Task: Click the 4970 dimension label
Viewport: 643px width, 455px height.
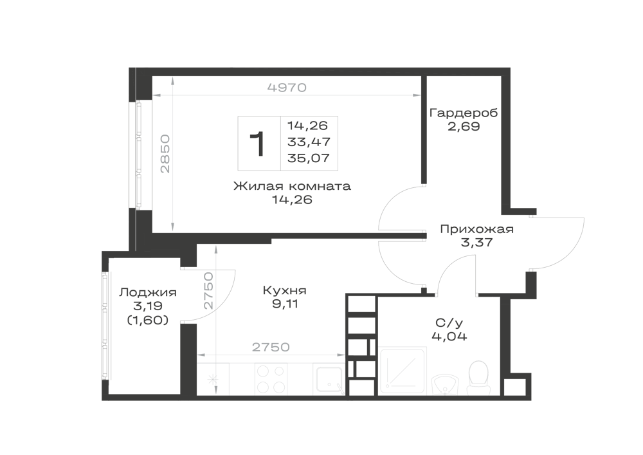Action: pyautogui.click(x=287, y=88)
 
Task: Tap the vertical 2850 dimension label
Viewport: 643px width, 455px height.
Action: pyautogui.click(x=165, y=153)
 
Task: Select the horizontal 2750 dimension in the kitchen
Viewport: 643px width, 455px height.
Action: pyautogui.click(x=271, y=347)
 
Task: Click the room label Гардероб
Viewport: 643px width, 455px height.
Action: pyautogui.click(x=464, y=113)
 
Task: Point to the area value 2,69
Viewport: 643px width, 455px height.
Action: pyautogui.click(x=464, y=126)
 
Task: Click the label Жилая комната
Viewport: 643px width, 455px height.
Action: pyautogui.click(x=292, y=186)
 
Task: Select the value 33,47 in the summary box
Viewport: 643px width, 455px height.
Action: pyautogui.click(x=309, y=142)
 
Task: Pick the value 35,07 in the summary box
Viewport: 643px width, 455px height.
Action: pyautogui.click(x=309, y=158)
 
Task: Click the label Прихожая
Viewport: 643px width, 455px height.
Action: pyautogui.click(x=476, y=229)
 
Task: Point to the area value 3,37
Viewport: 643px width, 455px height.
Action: pyautogui.click(x=476, y=243)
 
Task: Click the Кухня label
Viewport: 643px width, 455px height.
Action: pyautogui.click(x=285, y=290)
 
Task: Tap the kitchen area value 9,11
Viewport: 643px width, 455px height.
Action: pyautogui.click(x=285, y=304)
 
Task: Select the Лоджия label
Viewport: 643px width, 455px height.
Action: pyautogui.click(x=148, y=293)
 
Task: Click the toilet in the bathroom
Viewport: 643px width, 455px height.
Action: pyautogui.click(x=478, y=378)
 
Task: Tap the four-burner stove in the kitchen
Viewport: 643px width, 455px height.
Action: pyautogui.click(x=271, y=379)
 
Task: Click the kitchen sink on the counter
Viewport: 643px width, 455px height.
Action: pyautogui.click(x=330, y=380)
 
